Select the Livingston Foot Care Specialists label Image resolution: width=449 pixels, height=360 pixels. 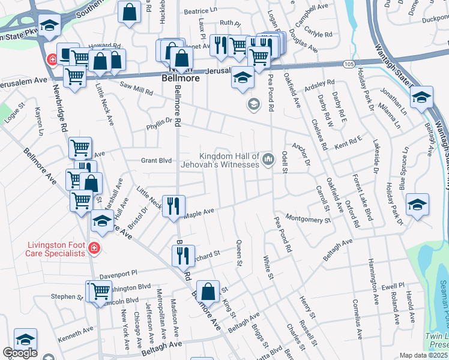[56, 249]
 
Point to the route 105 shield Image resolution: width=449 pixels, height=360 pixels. [349, 63]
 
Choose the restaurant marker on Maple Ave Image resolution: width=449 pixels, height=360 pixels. [173, 206]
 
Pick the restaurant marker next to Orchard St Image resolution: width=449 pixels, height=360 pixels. [184, 255]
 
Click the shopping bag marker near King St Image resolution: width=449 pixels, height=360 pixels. [207, 292]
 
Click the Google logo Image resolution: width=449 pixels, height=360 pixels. [19, 353]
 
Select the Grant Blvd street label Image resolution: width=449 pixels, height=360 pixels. [156, 160]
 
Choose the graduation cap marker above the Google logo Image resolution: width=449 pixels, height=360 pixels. [25, 339]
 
